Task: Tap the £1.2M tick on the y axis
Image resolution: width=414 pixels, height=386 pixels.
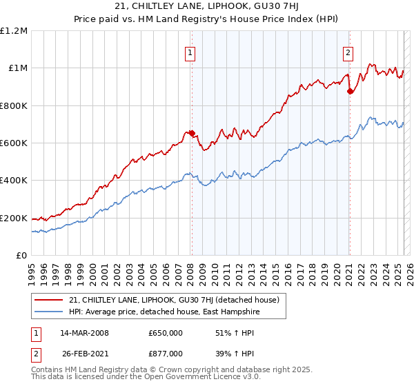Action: (x=14, y=31)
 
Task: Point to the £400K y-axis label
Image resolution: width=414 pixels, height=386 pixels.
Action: (x=14, y=181)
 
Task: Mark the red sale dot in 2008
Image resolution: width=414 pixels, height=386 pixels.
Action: (x=193, y=133)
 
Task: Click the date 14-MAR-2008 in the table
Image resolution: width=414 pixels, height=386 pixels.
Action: (x=85, y=333)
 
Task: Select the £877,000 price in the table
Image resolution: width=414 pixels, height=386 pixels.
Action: (x=166, y=353)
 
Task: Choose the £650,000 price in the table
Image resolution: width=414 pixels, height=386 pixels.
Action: (x=166, y=333)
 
